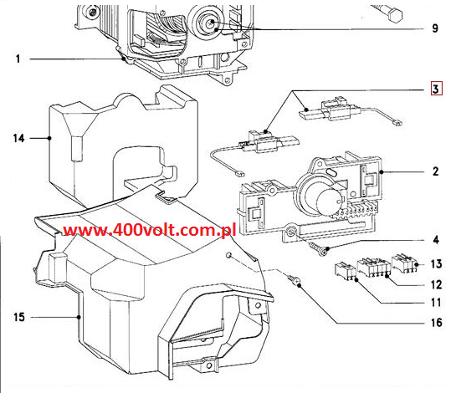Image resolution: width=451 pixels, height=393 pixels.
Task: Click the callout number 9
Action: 435,28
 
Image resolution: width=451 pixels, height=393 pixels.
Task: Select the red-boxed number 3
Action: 436,89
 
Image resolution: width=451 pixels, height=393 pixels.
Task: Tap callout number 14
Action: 19,138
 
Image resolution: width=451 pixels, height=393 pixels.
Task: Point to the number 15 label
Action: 19,317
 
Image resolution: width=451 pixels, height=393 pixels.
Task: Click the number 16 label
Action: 436,323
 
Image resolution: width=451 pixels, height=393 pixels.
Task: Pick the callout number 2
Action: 436,171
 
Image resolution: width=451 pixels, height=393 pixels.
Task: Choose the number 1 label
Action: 18,59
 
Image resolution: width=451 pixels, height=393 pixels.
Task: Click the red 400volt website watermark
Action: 149,230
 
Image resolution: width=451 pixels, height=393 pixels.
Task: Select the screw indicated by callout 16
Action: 294,279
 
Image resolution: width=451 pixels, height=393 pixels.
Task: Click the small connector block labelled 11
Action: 345,271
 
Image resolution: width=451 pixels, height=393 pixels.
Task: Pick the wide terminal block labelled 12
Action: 374,267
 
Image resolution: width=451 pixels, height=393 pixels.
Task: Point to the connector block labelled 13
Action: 404,263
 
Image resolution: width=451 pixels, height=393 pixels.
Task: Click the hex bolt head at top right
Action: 395,14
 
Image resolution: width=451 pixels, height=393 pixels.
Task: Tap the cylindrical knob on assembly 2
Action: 329,202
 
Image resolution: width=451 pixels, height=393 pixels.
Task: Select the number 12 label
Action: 436,284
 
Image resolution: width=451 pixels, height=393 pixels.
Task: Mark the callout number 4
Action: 436,240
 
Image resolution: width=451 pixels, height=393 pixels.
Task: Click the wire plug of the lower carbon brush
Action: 239,173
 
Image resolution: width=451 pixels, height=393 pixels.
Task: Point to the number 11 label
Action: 436,303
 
